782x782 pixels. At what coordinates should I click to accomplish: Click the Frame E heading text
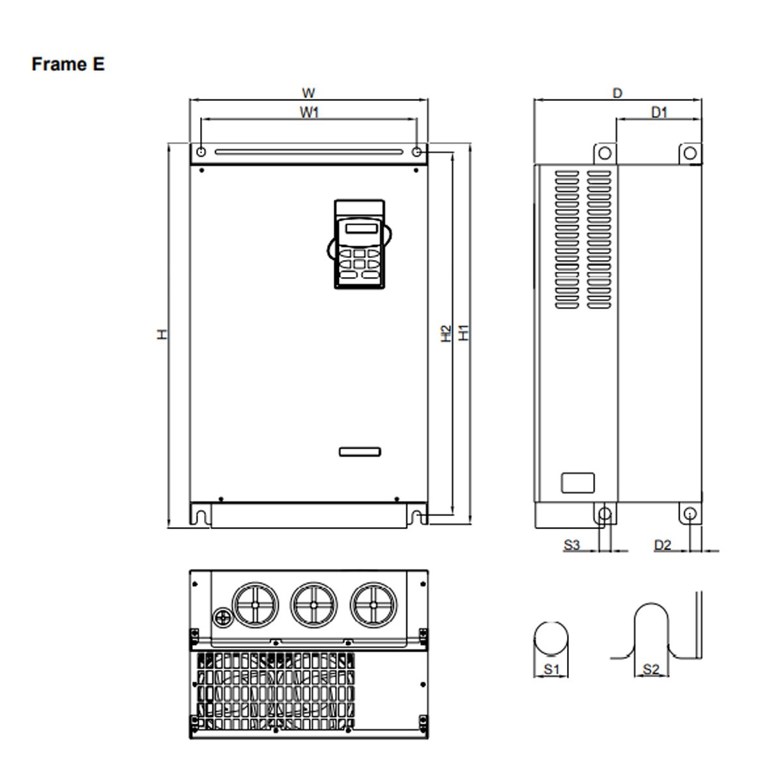(68, 65)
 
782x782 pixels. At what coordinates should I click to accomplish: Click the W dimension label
(309, 93)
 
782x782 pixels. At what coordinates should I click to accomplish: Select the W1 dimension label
(309, 112)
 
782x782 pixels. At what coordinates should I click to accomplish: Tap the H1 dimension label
(463, 332)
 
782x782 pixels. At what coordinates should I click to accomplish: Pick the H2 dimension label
(446, 333)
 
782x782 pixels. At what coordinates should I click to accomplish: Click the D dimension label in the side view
(617, 93)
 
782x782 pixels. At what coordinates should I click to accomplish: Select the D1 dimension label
(659, 112)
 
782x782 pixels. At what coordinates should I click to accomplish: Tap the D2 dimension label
(662, 545)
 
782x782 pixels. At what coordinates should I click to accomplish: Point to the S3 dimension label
(572, 545)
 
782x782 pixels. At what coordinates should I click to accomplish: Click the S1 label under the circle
(551, 669)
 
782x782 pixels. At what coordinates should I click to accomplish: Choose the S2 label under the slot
(651, 669)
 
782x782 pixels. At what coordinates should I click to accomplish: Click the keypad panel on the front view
(360, 244)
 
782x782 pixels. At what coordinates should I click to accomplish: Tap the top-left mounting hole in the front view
(201, 152)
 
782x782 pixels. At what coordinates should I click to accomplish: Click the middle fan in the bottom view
(313, 604)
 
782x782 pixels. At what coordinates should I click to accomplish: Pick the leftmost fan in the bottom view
(255, 604)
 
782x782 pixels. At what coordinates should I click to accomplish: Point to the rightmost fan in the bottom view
(373, 604)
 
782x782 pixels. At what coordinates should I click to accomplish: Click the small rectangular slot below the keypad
(360, 452)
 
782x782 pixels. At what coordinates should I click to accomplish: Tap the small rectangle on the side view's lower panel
(578, 483)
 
